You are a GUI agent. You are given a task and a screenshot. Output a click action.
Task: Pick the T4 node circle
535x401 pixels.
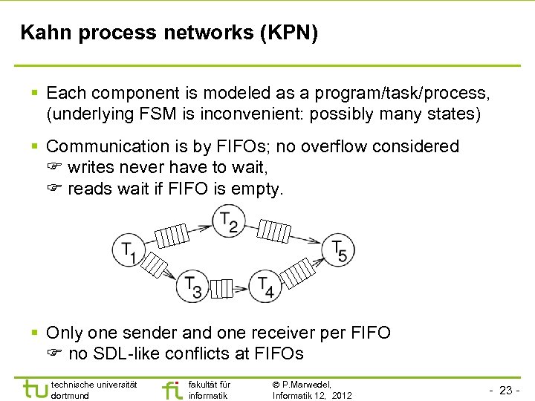point(266,285)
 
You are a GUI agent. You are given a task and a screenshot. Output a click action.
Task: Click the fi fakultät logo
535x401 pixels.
point(171,390)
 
